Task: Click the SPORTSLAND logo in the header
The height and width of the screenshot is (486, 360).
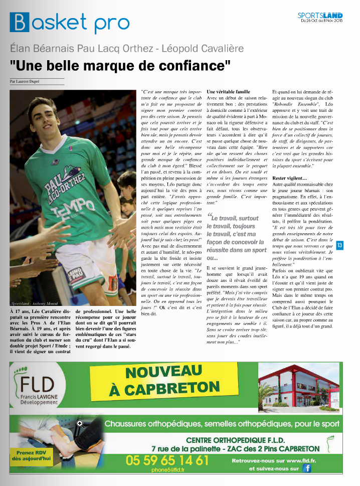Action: tap(320, 15)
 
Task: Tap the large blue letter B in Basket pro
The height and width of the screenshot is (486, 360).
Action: tap(19, 23)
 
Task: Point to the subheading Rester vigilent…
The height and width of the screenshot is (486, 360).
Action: tap(290, 178)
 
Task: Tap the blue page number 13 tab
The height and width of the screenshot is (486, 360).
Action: tap(339, 245)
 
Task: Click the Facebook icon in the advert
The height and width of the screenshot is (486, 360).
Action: tap(306, 468)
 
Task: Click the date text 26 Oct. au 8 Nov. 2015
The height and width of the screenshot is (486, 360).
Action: tap(322, 21)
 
